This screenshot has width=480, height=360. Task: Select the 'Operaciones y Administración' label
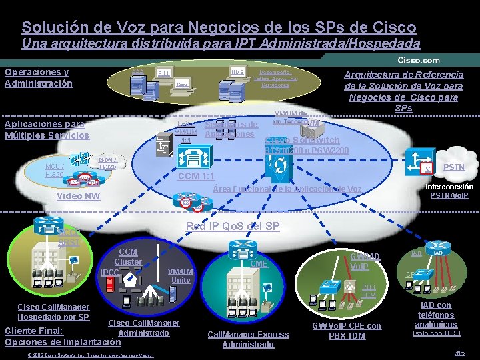38,77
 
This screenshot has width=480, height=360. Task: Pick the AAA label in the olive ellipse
137,71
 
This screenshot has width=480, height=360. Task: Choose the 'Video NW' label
79,196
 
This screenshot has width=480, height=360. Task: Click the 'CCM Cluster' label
128,257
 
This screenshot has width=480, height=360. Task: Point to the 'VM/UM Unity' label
181,275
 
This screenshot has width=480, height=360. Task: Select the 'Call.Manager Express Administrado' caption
239,339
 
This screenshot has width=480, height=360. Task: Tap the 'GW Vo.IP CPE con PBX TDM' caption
347,330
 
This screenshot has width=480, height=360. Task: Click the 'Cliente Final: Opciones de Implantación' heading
63,336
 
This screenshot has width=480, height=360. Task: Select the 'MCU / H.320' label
55,169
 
